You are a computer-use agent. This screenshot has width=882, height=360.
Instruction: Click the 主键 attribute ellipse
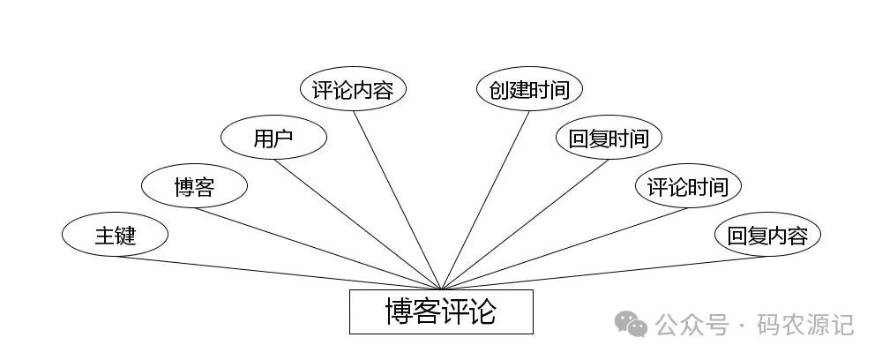coord(115,236)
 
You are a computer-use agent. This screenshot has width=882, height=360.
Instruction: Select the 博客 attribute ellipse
coord(194,186)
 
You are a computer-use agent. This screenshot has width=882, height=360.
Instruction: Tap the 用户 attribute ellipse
coord(273,138)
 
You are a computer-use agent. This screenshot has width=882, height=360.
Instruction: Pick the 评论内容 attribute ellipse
coord(353,89)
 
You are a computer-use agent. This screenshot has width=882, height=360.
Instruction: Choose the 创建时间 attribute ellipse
coord(529,89)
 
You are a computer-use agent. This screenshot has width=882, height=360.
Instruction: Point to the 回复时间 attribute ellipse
coord(609,138)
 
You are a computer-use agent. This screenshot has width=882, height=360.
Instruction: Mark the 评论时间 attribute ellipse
coord(688,186)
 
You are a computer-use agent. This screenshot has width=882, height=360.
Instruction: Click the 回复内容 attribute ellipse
coord(767,236)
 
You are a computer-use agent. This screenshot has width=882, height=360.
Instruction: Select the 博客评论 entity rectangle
coord(441,311)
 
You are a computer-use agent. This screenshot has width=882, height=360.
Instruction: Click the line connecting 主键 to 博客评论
coord(278,273)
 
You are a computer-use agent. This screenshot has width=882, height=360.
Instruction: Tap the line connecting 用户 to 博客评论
coord(357,224)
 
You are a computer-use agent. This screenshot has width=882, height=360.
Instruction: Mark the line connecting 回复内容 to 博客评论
coord(604,273)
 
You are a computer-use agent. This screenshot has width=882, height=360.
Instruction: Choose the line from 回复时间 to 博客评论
coord(525,224)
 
